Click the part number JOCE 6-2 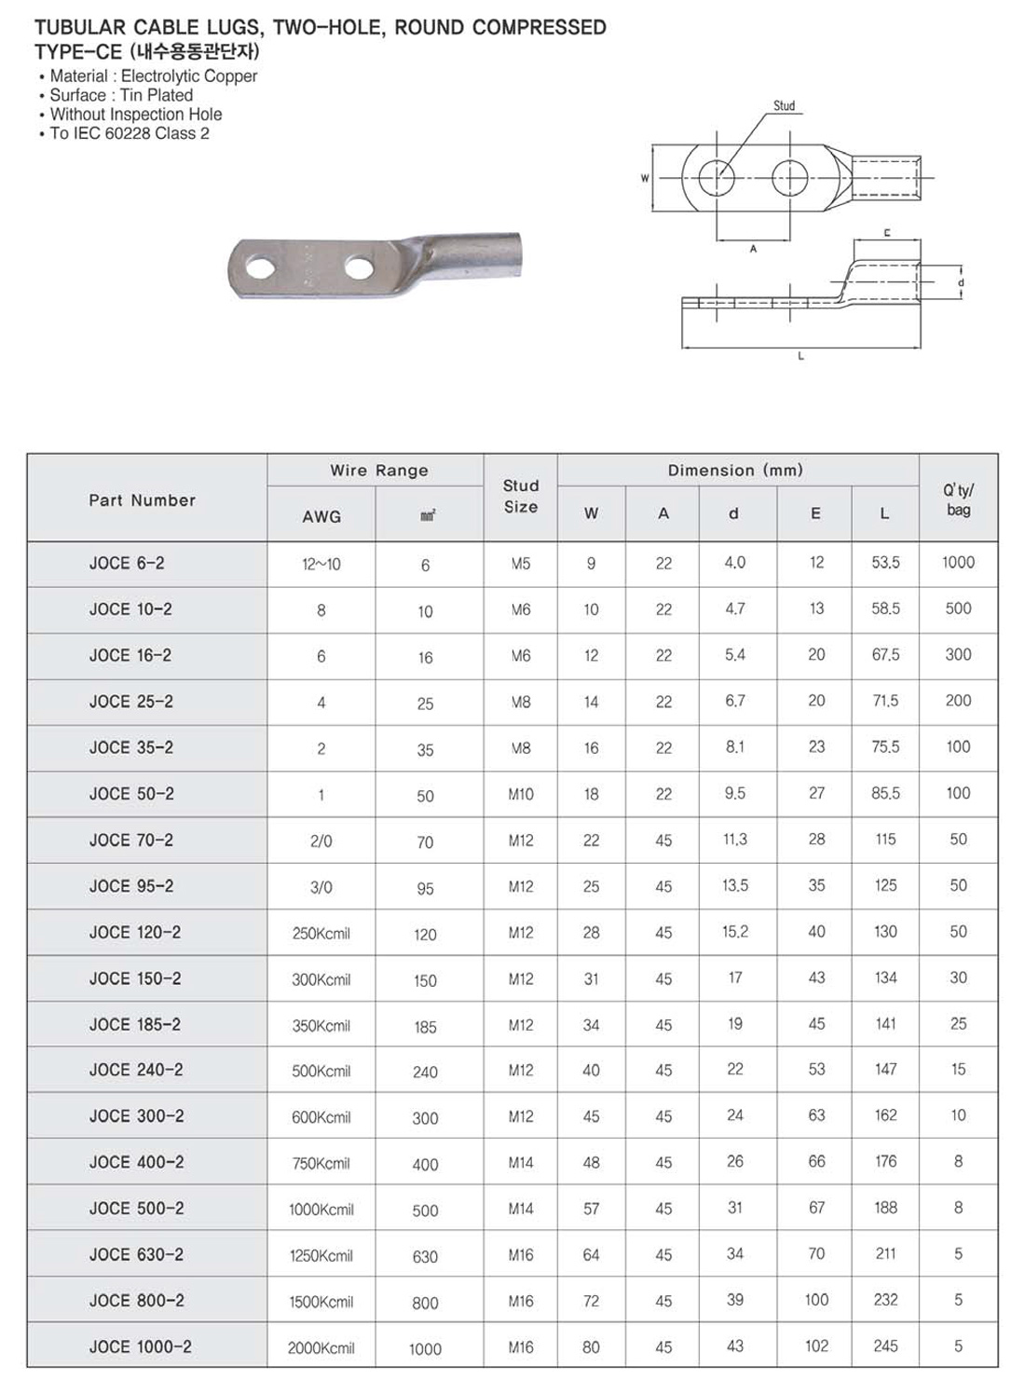(127, 563)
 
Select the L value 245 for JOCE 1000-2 (885, 1346)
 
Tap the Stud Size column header (521, 497)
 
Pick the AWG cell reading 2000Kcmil (321, 1347)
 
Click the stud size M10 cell (521, 794)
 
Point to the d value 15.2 (735, 932)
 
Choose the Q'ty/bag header (958, 499)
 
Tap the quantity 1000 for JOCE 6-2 (958, 562)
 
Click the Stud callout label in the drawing (785, 106)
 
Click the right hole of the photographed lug (358, 268)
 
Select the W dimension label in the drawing (645, 177)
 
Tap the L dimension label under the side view (801, 356)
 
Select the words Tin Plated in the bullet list (157, 95)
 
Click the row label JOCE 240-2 (136, 1070)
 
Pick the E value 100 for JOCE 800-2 (816, 1300)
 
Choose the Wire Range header (379, 471)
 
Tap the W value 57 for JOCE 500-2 (591, 1209)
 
